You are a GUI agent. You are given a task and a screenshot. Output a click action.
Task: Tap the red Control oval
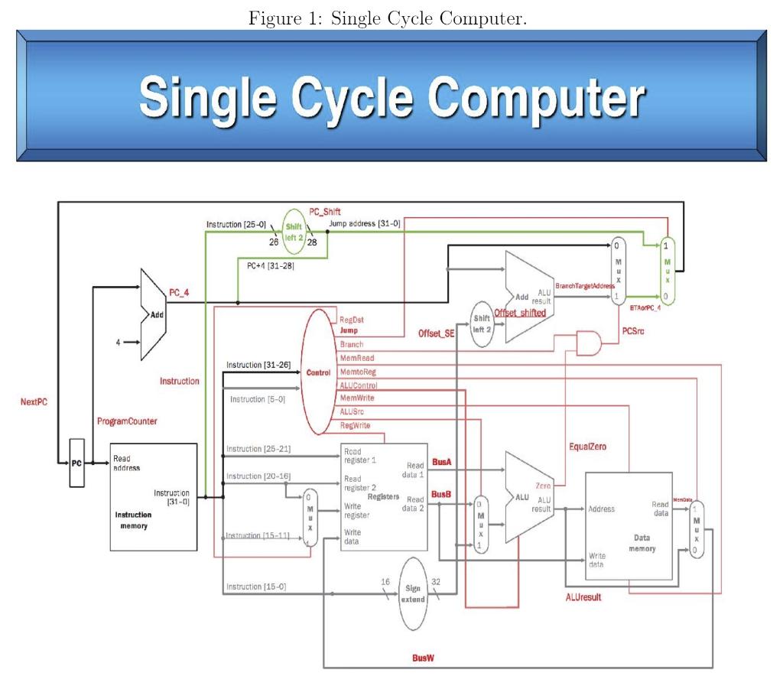[318, 372]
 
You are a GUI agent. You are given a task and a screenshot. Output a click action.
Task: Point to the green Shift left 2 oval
[294, 232]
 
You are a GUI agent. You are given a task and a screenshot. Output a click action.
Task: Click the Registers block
[384, 496]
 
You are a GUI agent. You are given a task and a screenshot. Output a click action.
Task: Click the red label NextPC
[34, 401]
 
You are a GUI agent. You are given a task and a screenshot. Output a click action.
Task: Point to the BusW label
[423, 656]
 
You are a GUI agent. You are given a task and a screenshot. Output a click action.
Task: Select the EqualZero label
[587, 446]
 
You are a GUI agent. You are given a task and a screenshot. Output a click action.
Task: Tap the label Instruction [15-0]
[256, 587]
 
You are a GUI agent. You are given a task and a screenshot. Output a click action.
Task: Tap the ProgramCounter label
[128, 421]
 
